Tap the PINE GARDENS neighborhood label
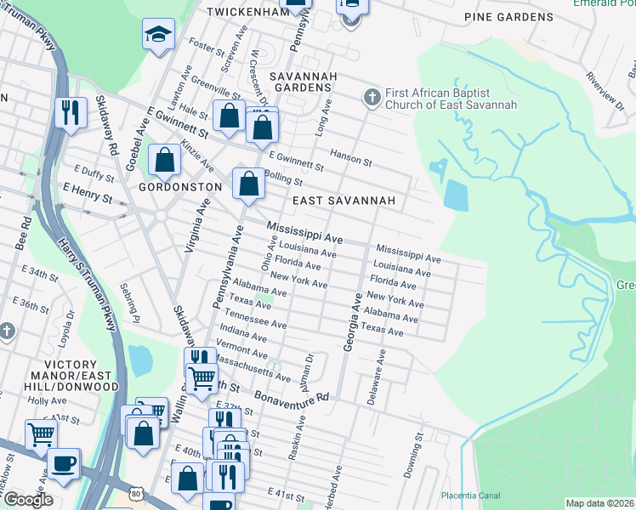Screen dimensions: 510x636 click(508, 17)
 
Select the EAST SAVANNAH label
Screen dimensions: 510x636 click(344, 201)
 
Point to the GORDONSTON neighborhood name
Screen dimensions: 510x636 click(180, 186)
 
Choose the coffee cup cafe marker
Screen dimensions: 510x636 click(63, 464)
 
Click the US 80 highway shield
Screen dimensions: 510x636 click(136, 492)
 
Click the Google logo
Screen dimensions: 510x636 click(27, 500)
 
